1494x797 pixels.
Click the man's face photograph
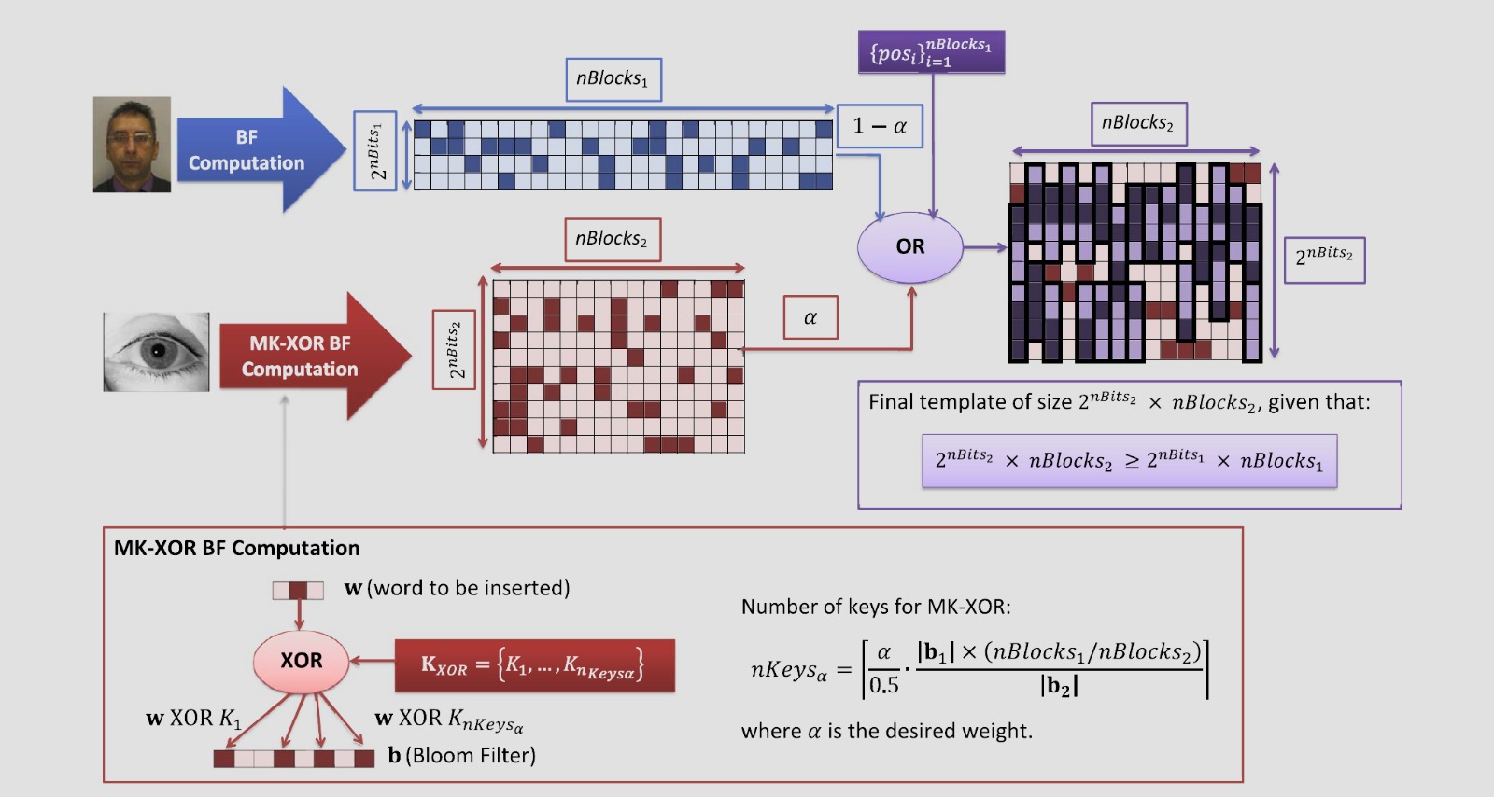[x=132, y=144]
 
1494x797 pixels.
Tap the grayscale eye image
[x=156, y=351]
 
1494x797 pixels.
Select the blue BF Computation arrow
[x=261, y=149]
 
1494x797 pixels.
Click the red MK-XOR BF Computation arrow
[x=316, y=356]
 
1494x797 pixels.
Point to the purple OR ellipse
[x=910, y=247]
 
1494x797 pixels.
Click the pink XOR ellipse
[x=302, y=661]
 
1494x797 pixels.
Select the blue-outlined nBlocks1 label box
[x=613, y=79]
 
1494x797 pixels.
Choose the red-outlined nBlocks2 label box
[x=613, y=239]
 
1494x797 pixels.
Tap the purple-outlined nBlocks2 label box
[x=1138, y=123]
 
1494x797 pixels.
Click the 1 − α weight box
[x=880, y=126]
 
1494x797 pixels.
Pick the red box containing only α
[x=810, y=317]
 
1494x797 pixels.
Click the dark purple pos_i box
[x=931, y=51]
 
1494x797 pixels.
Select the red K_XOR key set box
[x=535, y=665]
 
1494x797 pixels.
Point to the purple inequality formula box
[x=1129, y=461]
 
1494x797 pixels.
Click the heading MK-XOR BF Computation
[x=237, y=548]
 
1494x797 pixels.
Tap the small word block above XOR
[x=298, y=591]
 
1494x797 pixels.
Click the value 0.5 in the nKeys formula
[x=884, y=684]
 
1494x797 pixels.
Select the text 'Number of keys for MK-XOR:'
[x=876, y=607]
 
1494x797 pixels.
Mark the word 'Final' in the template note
[x=890, y=402]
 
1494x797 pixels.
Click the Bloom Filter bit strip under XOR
[x=294, y=759]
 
